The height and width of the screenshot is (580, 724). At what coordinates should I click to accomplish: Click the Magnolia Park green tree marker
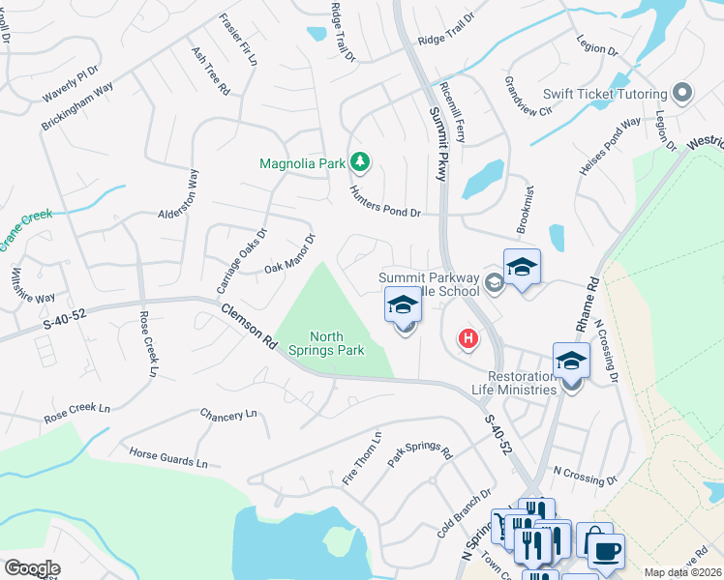click(359, 161)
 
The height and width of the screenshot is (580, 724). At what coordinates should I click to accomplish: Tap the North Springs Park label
click(337, 343)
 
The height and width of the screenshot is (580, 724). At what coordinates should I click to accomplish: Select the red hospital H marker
click(468, 339)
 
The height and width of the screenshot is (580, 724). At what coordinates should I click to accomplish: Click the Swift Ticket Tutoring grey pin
click(682, 94)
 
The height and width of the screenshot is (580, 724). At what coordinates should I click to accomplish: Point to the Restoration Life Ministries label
click(509, 383)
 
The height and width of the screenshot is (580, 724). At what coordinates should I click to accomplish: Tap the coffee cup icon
click(606, 552)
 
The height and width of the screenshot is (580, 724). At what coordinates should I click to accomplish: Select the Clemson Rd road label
click(250, 325)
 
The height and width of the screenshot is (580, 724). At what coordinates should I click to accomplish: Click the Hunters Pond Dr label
click(384, 202)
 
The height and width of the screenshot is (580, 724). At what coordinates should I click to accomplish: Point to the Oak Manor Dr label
click(291, 253)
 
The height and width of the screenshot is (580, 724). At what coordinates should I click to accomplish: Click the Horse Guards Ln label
click(168, 457)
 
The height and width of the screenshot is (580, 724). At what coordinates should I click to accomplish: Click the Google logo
click(32, 567)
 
